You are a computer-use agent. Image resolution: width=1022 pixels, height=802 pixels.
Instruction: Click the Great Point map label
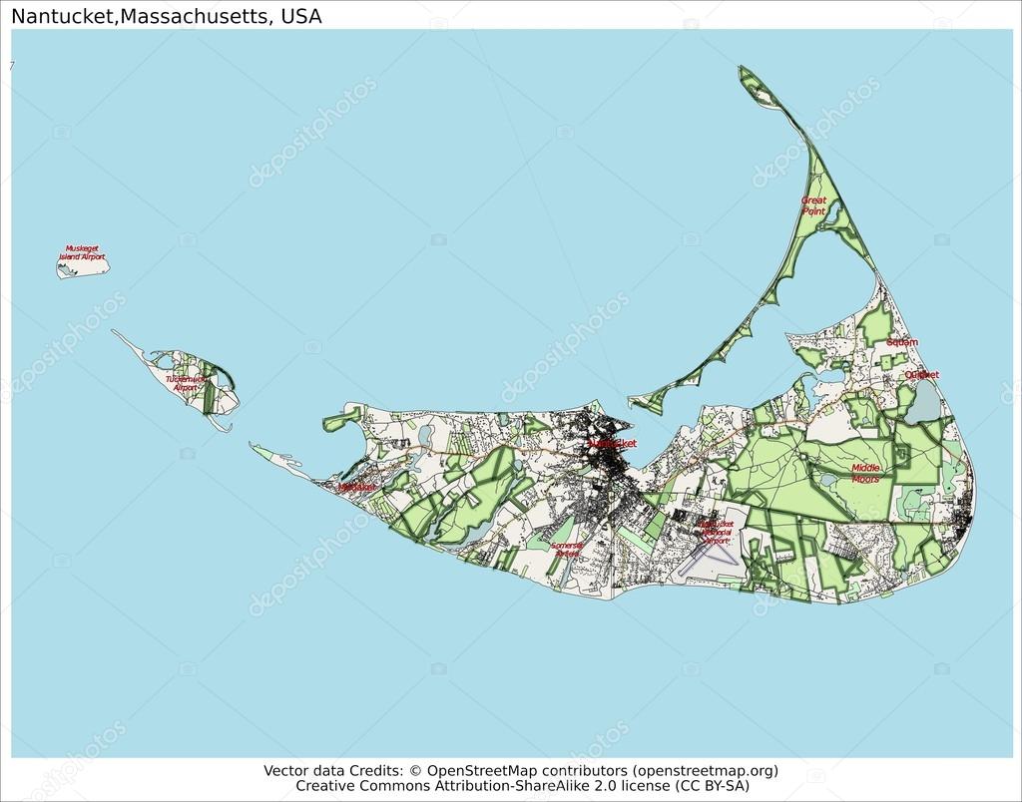click(813, 205)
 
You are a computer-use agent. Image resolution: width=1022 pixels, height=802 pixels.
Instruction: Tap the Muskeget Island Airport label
click(85, 252)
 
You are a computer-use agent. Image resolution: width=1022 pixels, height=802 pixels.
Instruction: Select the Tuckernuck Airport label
click(186, 383)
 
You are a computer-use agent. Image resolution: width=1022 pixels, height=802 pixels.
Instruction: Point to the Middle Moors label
click(865, 473)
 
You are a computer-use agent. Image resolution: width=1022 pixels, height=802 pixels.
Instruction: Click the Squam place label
click(901, 342)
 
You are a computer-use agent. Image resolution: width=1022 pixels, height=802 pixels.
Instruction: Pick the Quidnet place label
click(921, 375)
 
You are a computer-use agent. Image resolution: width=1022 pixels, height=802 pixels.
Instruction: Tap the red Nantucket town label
click(611, 443)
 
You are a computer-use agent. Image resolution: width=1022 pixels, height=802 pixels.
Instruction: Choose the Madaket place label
click(356, 487)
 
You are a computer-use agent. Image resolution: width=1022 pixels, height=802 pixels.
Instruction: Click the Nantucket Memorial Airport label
click(716, 532)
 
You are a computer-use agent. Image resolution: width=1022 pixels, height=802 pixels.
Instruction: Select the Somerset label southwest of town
click(567, 550)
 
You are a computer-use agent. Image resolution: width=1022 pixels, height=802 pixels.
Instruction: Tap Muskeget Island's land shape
click(83, 265)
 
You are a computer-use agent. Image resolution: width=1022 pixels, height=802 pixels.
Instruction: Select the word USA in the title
click(301, 17)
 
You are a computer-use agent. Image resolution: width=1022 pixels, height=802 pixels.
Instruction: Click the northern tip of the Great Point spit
click(743, 69)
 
